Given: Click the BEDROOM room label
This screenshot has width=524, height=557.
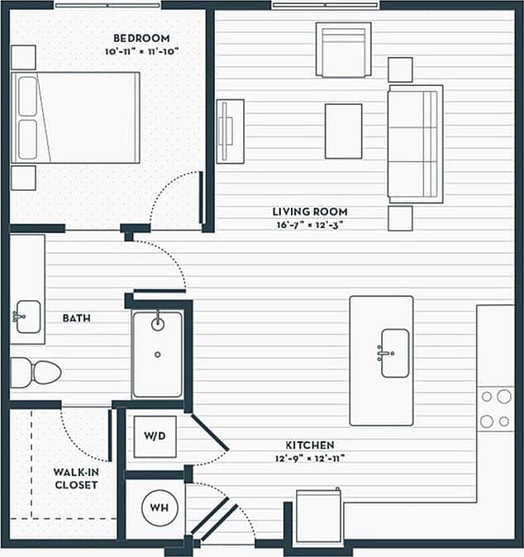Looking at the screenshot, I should pos(141,38).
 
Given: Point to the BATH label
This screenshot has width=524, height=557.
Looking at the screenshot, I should pos(76,317).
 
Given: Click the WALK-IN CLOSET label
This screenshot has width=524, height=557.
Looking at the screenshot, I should pos(76,478).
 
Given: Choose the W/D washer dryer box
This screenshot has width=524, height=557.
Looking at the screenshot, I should pos(155,436).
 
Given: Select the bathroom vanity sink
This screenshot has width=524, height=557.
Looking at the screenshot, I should pos(28,316).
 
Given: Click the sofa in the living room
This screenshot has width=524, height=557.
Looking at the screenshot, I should pos(415,143).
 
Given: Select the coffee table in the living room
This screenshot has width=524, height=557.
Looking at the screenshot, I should pos(343,131).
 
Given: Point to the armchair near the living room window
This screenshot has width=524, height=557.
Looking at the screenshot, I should pos(343,49).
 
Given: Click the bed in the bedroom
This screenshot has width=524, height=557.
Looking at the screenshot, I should pos(75,117).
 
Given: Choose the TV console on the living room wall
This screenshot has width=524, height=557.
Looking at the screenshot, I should pos(229,131).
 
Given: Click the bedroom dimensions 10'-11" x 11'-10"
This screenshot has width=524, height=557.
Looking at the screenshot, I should pos(141,51).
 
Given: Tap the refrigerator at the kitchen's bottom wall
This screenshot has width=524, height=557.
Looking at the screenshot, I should pos(319,517).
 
